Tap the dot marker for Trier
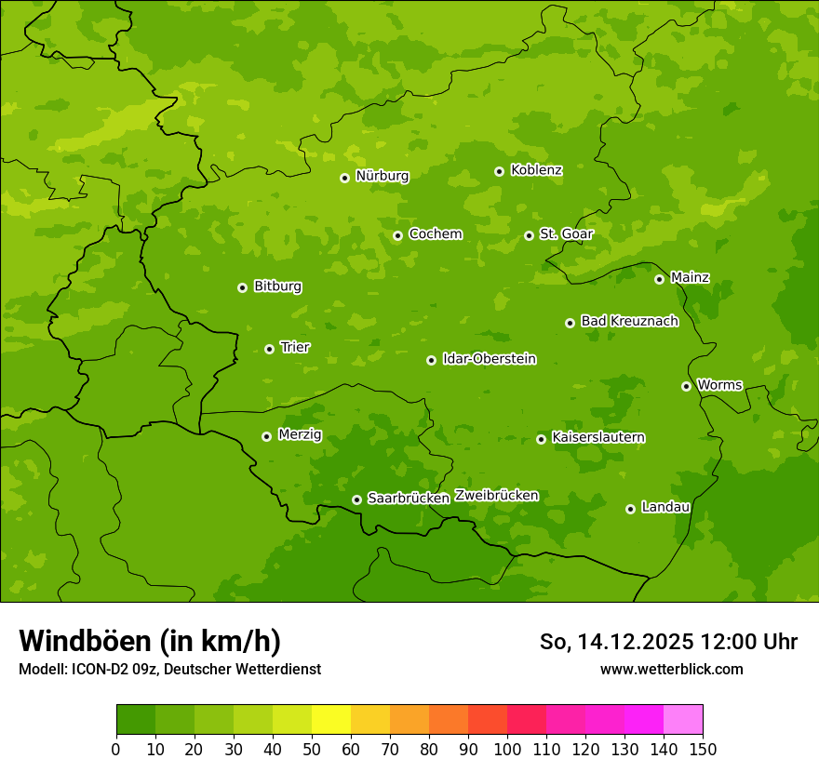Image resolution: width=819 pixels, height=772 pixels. click(x=269, y=349)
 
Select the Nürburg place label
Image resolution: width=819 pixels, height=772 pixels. click(x=382, y=176)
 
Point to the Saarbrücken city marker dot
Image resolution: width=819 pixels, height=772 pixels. click(x=356, y=499)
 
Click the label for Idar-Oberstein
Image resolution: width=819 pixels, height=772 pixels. click(x=489, y=359)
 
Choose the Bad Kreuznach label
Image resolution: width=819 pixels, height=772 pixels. click(x=629, y=321)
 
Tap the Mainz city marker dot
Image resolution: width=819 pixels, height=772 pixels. click(x=659, y=279)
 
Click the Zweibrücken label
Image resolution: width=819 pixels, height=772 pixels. click(x=496, y=496)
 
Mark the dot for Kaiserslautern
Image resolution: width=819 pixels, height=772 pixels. click(x=541, y=439)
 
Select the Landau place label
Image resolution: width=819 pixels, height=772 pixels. click(x=665, y=507)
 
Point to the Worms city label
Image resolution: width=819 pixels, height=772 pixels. click(x=718, y=385)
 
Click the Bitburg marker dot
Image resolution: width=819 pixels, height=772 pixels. click(x=242, y=287)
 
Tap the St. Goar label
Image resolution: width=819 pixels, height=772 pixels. click(x=566, y=234)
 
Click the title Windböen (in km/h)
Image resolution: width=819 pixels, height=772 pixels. click(x=150, y=641)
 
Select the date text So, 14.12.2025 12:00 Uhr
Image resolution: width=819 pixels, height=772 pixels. click(x=668, y=642)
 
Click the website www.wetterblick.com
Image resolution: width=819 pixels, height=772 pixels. click(x=671, y=669)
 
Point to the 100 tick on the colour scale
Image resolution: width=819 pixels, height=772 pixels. click(x=507, y=749)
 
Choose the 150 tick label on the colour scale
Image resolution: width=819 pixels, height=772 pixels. click(x=703, y=749)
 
